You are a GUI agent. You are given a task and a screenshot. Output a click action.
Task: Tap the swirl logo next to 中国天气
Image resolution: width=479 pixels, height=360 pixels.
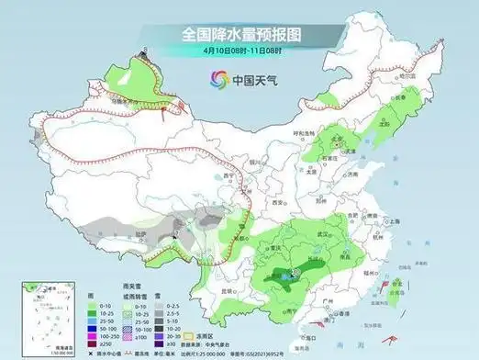218,78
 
